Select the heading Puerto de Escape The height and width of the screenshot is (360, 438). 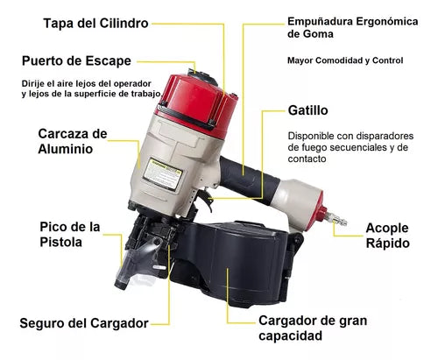pos(77,60)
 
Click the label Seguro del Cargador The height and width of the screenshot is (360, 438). pos(84,322)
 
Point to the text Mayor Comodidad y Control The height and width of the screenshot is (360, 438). pos(344,61)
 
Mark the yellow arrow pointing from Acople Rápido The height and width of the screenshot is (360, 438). pos(344,229)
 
